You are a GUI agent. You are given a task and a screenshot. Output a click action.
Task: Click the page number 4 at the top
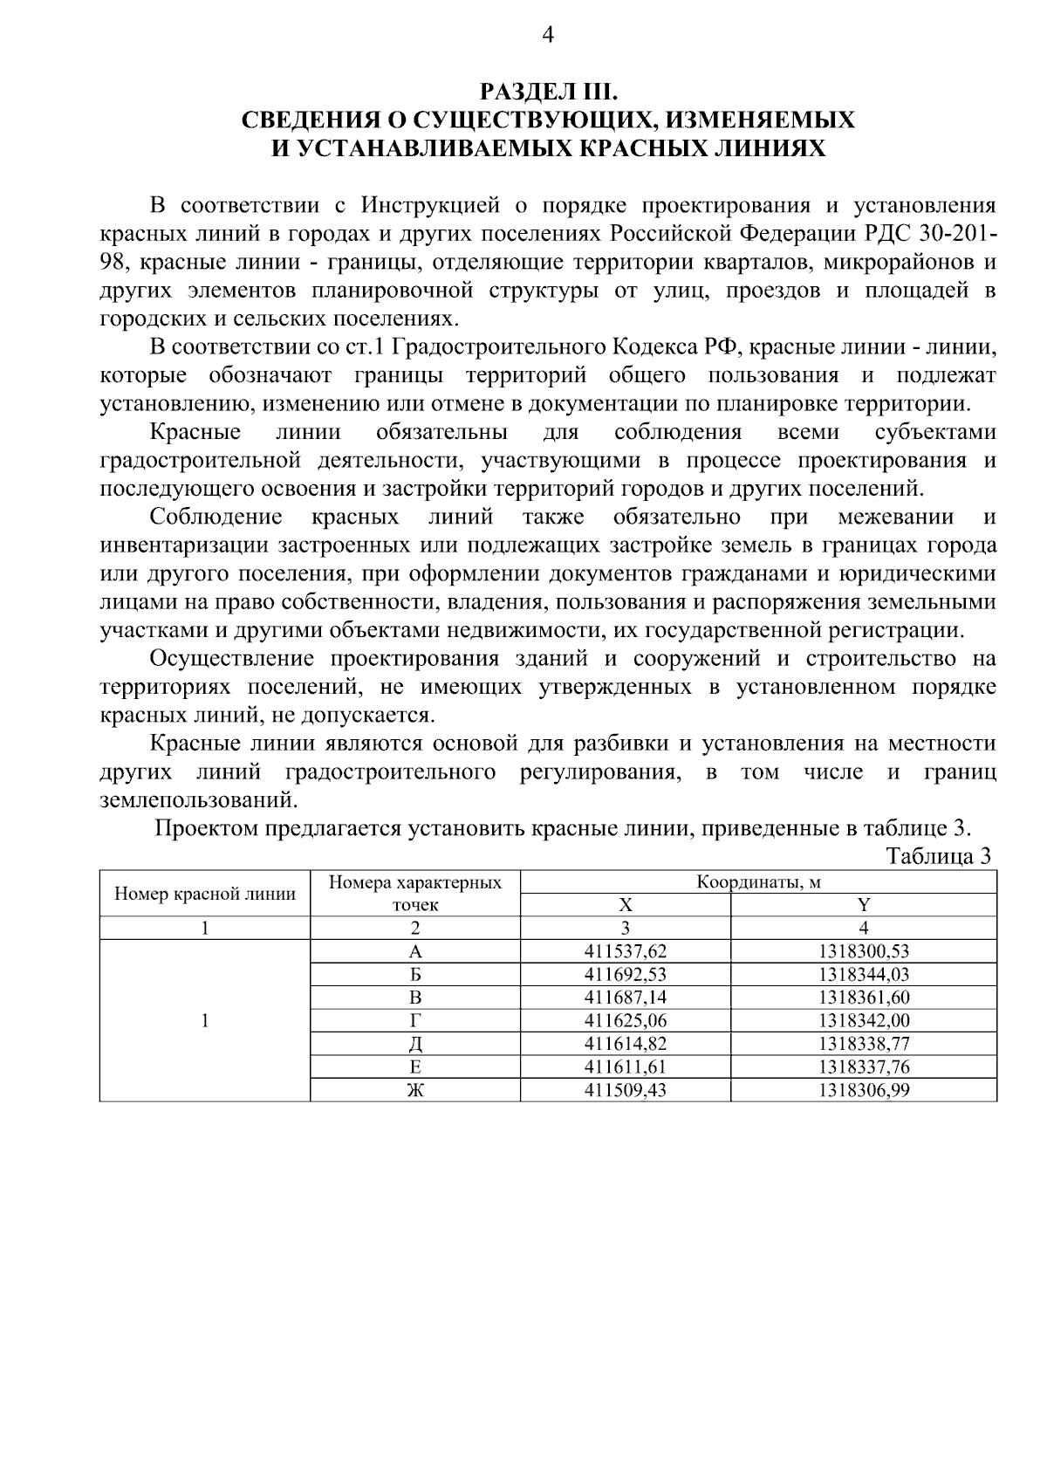[x=548, y=34]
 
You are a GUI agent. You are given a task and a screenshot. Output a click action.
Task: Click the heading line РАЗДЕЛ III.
[x=548, y=91]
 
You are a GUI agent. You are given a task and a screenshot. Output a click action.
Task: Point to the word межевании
[x=895, y=518]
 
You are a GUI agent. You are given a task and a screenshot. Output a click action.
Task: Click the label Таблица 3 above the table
[x=939, y=856]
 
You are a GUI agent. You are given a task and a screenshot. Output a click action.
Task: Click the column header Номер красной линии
[x=205, y=894]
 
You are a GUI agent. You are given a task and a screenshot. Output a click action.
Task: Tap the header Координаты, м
[x=758, y=882]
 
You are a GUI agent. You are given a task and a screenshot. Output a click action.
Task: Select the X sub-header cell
[x=625, y=905]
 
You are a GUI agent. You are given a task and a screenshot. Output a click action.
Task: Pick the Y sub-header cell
[x=864, y=905]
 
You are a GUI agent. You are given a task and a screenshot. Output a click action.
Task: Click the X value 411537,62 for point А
[x=625, y=951]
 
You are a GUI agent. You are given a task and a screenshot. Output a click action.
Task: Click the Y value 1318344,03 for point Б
[x=864, y=974]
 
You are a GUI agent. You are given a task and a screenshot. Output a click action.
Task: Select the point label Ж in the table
[x=415, y=1089]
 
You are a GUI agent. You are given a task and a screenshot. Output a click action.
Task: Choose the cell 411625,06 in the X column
[x=625, y=1020]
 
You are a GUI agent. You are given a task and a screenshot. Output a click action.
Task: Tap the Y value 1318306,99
[x=864, y=1089]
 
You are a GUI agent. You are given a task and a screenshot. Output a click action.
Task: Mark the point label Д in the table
[x=415, y=1044]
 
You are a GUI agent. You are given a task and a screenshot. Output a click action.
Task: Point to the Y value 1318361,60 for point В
[x=864, y=998]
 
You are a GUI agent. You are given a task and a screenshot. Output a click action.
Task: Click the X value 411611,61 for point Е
[x=625, y=1066]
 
